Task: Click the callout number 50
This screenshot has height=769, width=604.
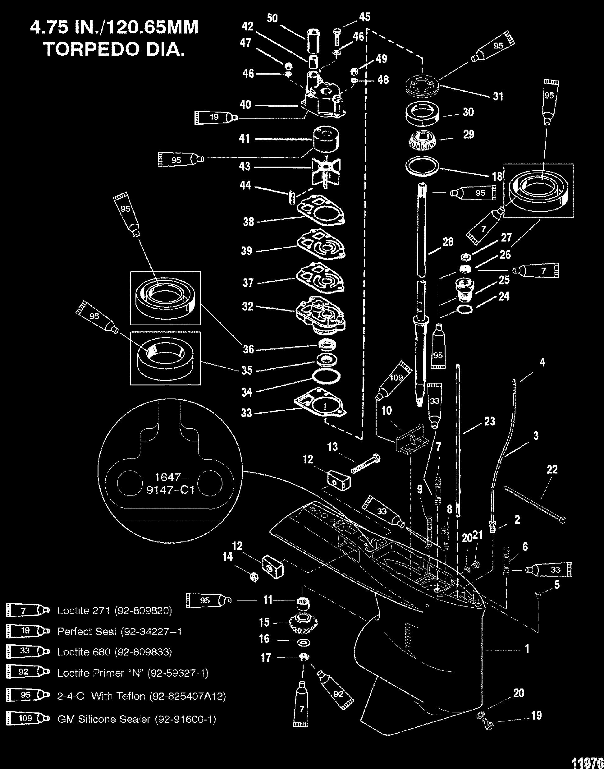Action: (x=272, y=18)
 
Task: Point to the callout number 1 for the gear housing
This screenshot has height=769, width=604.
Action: (x=527, y=649)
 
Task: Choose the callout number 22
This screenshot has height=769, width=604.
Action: (x=552, y=469)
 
